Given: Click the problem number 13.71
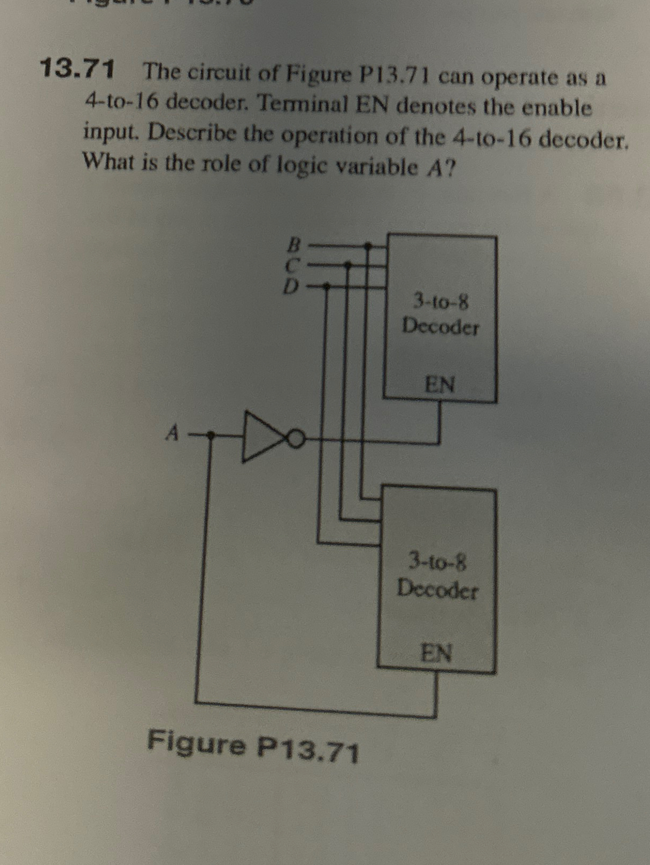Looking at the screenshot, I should click(78, 69).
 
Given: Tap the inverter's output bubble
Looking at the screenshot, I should click(298, 439).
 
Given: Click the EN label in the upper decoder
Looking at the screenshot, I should click(440, 384).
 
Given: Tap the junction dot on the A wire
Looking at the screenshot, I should click(211, 435).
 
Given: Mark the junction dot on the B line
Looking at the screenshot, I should click(368, 246).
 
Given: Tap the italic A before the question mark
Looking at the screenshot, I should click(434, 169).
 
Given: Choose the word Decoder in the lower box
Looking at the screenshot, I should click(438, 589).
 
